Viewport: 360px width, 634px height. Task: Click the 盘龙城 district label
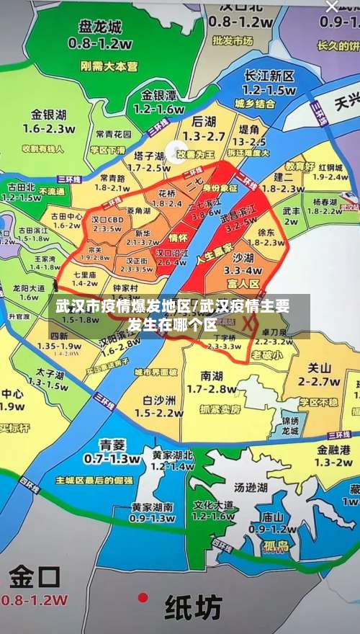(x=100, y=27)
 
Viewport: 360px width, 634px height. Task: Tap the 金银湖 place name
(x=49, y=115)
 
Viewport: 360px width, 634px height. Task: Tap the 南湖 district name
(x=212, y=375)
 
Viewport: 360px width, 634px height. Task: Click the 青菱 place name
(x=112, y=444)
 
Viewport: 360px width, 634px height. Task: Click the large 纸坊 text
(x=194, y=608)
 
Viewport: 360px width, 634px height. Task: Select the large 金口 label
(x=33, y=576)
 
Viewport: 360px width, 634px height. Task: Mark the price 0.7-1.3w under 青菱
(x=111, y=458)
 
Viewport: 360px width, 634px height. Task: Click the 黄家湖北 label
(x=173, y=455)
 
